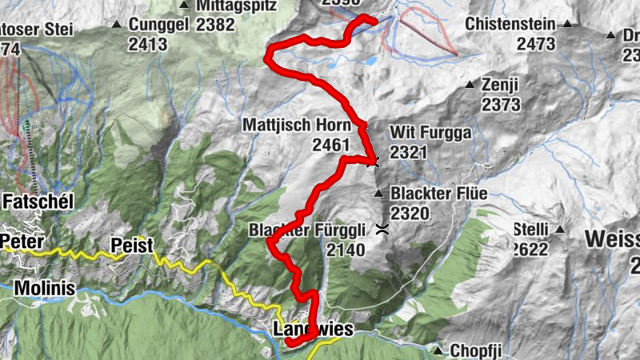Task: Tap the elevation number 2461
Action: (x=333, y=145)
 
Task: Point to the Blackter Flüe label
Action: (x=438, y=194)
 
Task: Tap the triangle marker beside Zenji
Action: (x=470, y=84)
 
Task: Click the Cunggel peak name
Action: (x=158, y=24)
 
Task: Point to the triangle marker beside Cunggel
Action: (x=118, y=24)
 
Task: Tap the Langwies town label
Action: (x=312, y=329)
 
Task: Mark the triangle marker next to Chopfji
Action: (x=438, y=350)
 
